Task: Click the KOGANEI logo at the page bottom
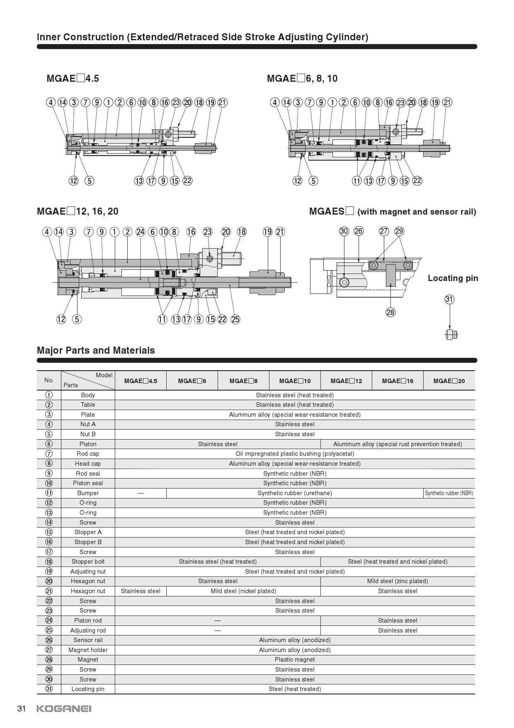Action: (64, 708)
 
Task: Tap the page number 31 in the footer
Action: (22, 708)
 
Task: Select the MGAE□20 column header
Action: (449, 381)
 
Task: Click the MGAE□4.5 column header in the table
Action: (141, 381)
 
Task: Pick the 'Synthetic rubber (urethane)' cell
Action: (295, 493)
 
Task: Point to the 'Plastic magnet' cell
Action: (295, 660)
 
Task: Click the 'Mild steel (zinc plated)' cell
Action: (398, 581)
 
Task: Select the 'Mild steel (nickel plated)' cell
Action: (243, 591)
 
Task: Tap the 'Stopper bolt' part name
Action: (88, 562)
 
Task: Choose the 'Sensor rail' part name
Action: (88, 640)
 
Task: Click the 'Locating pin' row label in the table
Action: (88, 689)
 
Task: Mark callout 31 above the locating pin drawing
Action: (449, 299)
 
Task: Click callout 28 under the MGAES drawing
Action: (390, 312)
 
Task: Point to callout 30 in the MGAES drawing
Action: (344, 231)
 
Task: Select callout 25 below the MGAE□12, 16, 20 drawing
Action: (235, 319)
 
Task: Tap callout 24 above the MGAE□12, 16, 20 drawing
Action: (141, 232)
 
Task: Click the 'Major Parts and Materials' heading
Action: (96, 350)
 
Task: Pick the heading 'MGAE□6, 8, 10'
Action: (302, 78)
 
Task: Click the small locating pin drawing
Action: (451, 334)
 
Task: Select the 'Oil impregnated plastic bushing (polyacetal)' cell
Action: (295, 454)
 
